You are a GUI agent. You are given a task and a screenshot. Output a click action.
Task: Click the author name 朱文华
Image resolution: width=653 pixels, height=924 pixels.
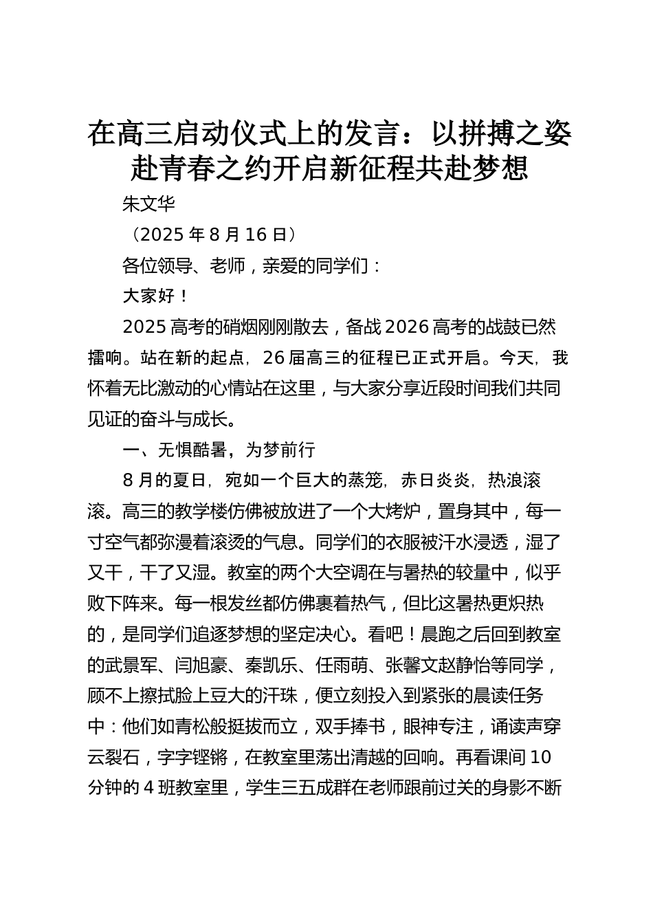click(x=148, y=204)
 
